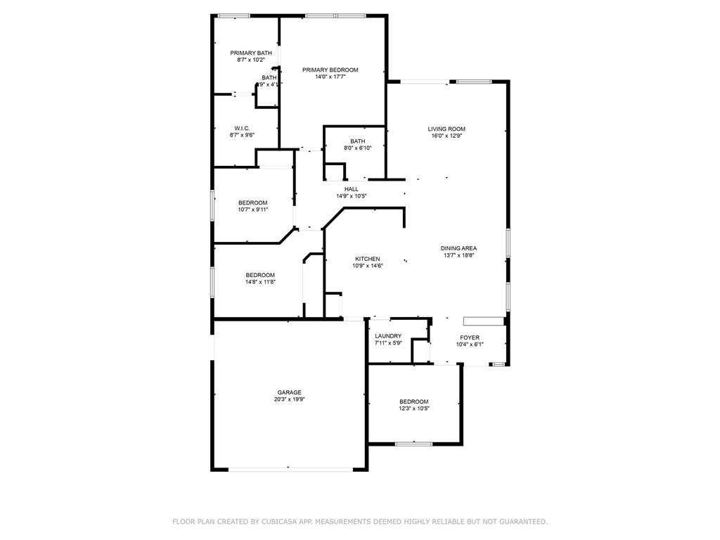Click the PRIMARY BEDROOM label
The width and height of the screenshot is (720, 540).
pos(330,70)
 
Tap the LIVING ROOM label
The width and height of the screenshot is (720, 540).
pos(446,129)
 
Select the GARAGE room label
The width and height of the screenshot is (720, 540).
pos(289,392)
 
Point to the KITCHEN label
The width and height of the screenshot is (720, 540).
pos(367,259)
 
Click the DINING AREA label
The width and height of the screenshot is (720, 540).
pos(458,248)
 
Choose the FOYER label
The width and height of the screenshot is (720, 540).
pos(470,337)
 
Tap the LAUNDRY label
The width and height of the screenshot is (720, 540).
pos(388,336)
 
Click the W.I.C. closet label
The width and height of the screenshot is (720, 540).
pos(243,128)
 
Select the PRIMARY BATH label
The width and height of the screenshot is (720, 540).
pos(251,53)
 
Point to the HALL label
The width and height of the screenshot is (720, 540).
pos(352,189)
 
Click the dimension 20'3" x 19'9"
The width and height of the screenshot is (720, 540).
pos(289,399)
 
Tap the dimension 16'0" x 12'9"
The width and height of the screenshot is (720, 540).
pos(446,136)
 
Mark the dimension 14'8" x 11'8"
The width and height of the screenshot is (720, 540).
pos(260,281)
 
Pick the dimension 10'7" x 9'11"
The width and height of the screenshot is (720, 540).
pos(253,209)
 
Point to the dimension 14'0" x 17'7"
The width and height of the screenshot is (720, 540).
pos(330,77)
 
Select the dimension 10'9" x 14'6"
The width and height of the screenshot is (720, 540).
pos(367,266)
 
